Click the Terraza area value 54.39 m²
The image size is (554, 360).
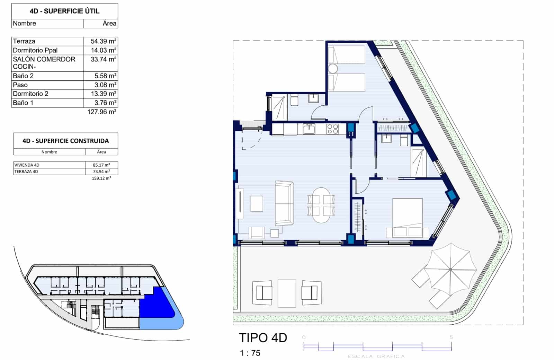point(103,41)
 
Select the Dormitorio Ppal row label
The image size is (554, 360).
point(35,50)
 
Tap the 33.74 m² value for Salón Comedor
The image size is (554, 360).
point(103,59)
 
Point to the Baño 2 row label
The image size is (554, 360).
point(23,76)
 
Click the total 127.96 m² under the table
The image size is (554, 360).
point(101,112)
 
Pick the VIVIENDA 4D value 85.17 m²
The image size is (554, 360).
point(101,165)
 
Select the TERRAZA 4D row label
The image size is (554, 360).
point(26,172)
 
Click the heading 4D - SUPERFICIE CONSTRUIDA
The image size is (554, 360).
point(65,141)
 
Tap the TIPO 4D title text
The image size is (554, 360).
point(263,338)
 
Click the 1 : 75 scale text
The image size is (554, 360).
point(250,353)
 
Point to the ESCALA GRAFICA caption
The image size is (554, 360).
point(376,356)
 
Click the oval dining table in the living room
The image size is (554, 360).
point(321,205)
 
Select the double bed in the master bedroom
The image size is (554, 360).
point(407,218)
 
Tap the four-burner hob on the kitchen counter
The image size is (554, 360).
point(332,129)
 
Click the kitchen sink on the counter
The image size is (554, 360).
point(309,129)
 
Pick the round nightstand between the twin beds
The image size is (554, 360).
point(333,68)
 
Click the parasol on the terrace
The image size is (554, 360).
point(450,269)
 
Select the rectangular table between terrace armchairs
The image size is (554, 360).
point(287,293)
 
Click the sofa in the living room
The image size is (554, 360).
point(284,203)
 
